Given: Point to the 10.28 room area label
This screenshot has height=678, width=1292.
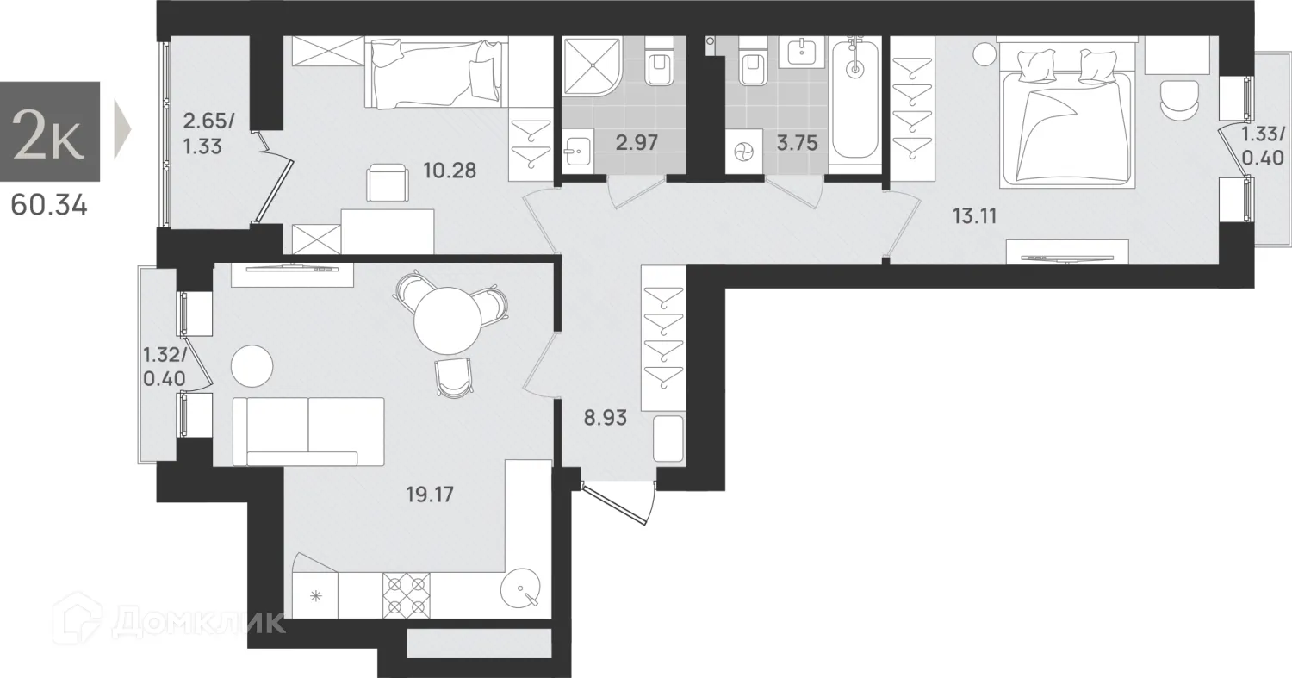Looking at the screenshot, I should (x=449, y=170).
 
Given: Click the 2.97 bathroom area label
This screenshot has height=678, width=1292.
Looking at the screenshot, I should (x=637, y=143).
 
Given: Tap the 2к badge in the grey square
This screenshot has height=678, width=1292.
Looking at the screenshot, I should (x=50, y=133).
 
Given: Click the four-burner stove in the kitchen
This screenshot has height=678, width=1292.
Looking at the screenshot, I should (x=406, y=594).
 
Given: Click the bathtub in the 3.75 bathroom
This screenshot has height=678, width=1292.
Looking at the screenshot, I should (x=854, y=102).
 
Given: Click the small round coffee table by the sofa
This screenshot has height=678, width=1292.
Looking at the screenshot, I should (x=252, y=365).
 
